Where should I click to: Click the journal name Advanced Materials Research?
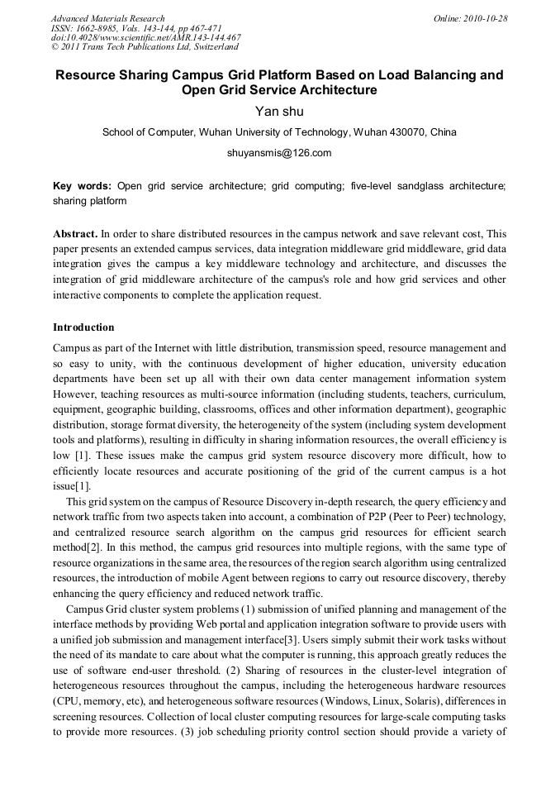click(107, 18)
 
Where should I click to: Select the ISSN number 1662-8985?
click(96, 28)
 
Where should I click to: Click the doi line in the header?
click(145, 37)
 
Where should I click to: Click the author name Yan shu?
click(279, 112)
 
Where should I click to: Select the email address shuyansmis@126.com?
click(279, 153)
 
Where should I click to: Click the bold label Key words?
click(83, 186)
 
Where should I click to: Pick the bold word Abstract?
click(74, 234)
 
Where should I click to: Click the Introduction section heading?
click(83, 327)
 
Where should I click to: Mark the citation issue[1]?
click(72, 485)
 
